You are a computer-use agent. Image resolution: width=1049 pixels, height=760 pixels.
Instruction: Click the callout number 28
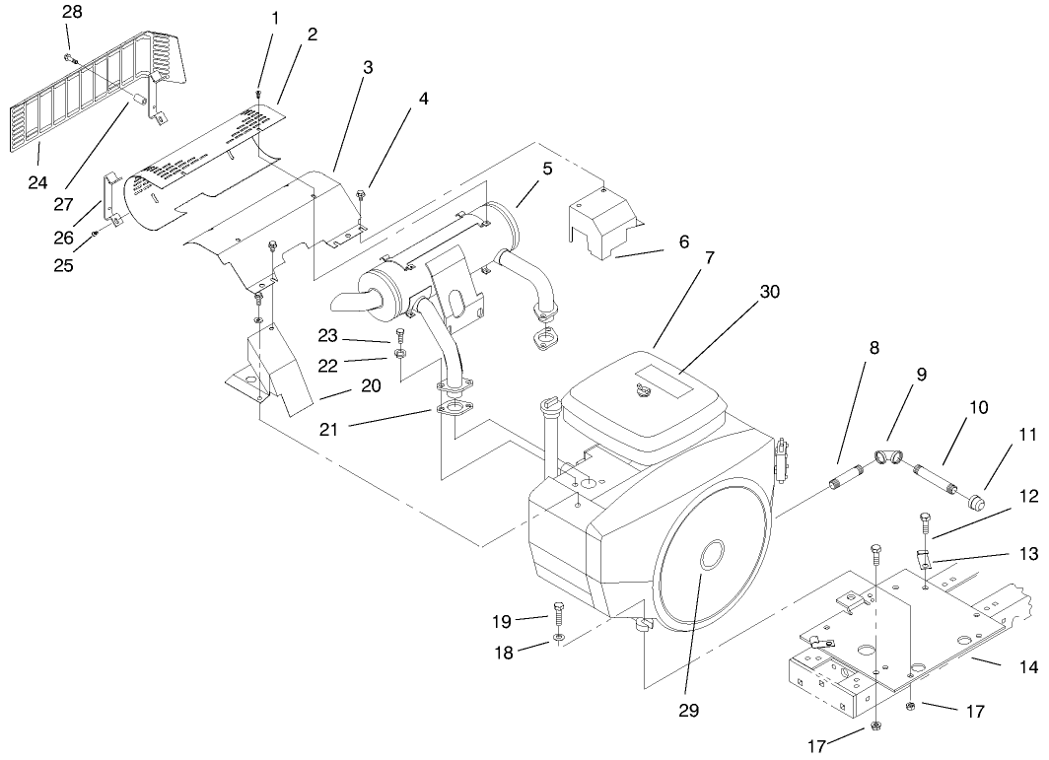pos(72,11)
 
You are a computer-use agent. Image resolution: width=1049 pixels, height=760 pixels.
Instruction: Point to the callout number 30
pos(770,293)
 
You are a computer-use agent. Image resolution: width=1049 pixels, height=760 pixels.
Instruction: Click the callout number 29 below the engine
pos(688,710)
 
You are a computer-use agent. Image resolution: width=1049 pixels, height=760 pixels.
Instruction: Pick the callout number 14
pos(1028,667)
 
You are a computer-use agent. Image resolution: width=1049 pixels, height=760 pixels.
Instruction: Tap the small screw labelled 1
pos(258,94)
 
